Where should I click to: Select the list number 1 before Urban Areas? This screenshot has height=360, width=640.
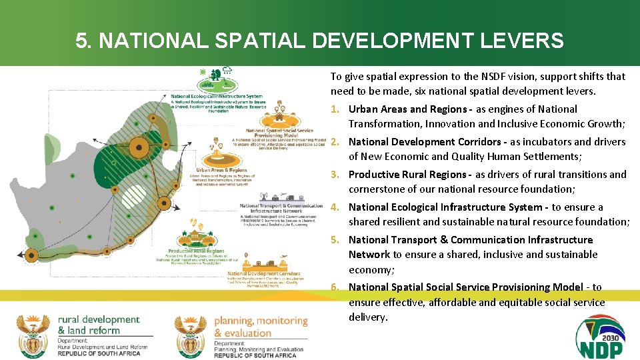point(335,109)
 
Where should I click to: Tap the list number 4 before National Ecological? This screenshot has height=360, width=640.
point(335,207)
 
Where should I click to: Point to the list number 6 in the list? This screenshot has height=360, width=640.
point(335,287)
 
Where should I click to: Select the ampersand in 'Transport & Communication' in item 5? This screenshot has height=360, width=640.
point(443,240)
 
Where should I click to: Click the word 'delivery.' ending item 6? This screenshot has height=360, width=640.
point(368,317)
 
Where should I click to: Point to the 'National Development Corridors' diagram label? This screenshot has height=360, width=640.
point(263,273)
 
